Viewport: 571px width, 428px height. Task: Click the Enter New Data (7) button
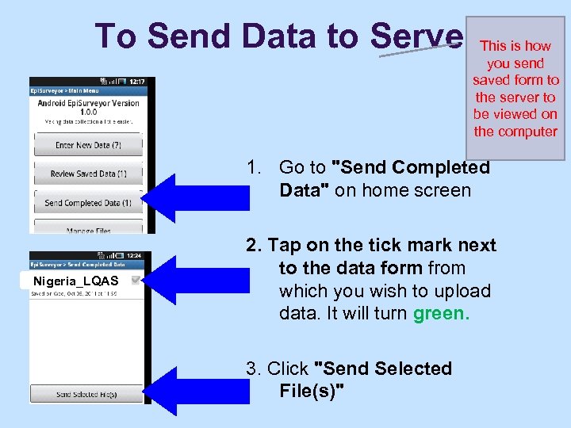coord(88,145)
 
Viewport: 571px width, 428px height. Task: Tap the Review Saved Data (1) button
coord(88,174)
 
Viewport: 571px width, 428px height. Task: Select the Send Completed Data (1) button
coord(88,203)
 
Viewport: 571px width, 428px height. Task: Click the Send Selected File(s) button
coord(87,394)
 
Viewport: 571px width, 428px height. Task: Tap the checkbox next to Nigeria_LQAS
coord(136,281)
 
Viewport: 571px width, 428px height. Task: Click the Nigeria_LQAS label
coord(76,281)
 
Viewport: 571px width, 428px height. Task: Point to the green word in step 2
coord(441,313)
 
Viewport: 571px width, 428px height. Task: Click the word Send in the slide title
coord(187,35)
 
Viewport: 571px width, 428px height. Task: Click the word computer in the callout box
coord(515,132)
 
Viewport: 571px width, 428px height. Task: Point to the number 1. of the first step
coord(254,168)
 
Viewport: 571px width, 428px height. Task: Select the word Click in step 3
coord(288,369)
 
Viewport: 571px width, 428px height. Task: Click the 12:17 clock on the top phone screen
coord(136,82)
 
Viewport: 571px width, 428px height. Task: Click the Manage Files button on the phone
coord(88,230)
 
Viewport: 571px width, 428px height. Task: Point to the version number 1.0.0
coord(87,113)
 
